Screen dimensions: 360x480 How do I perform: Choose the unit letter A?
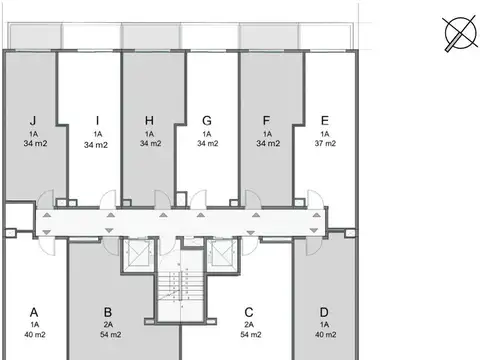[x=34, y=310]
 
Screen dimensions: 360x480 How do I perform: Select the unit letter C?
[x=248, y=310]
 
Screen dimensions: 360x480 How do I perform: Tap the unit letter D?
[x=324, y=310]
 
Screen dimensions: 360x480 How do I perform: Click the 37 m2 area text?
[x=324, y=144]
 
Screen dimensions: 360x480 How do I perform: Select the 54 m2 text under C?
[x=248, y=336]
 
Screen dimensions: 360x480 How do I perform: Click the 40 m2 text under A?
[x=34, y=336]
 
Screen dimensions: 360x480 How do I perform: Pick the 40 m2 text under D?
[x=324, y=336]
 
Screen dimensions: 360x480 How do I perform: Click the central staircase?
[x=179, y=290]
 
